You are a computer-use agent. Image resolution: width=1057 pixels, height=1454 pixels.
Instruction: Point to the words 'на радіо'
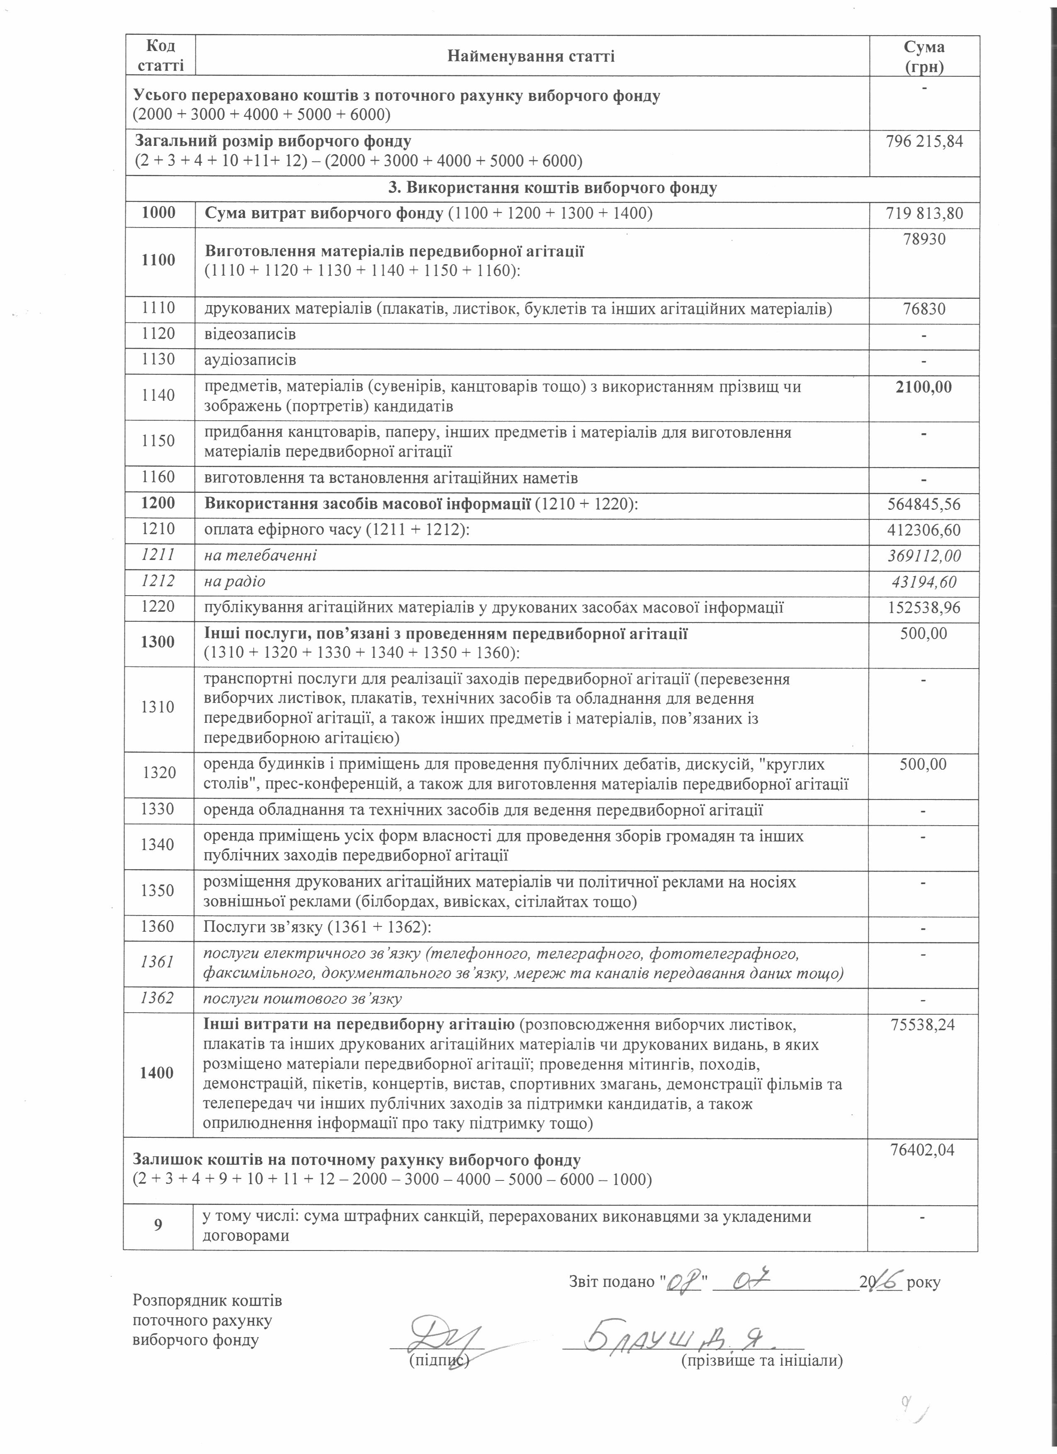(x=235, y=582)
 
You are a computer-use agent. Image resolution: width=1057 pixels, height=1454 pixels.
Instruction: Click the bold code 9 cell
(x=158, y=1225)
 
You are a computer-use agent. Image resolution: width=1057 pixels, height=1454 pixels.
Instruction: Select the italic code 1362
(x=158, y=998)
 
